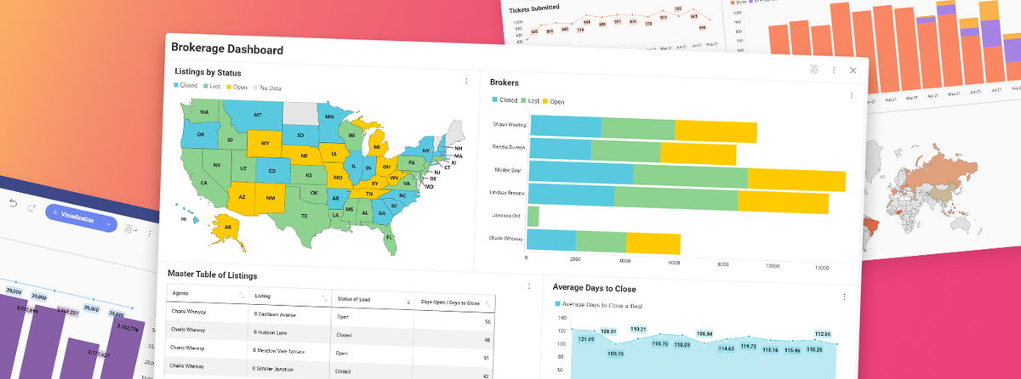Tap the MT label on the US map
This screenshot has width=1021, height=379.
pyautogui.click(x=256, y=115)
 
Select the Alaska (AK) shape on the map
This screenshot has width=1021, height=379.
pyautogui.click(x=228, y=228)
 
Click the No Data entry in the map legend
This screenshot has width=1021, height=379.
pyautogui.click(x=271, y=87)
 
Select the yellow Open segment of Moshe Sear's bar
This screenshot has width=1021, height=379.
pyautogui.click(x=796, y=181)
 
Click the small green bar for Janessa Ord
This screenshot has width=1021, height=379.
pyautogui.click(x=533, y=216)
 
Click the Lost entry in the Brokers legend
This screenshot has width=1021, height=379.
pyautogui.click(x=529, y=101)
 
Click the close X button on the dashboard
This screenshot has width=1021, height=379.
pyautogui.click(x=853, y=71)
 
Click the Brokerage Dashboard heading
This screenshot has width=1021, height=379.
pyautogui.click(x=227, y=49)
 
